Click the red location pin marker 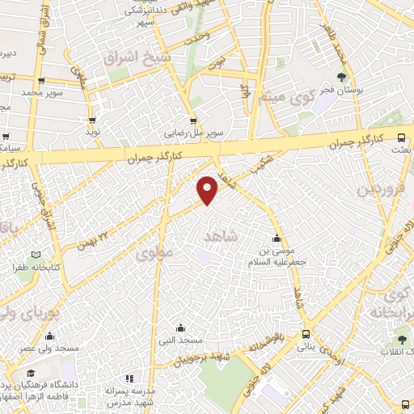click(209, 190)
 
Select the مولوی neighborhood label click(154, 253)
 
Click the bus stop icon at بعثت click(403, 137)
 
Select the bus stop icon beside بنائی click(306, 334)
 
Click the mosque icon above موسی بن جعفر click(277, 239)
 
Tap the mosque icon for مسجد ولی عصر click(51, 336)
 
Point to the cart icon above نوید click(93, 119)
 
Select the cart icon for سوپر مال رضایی click(192, 120)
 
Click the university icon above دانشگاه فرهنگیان click(30, 374)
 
